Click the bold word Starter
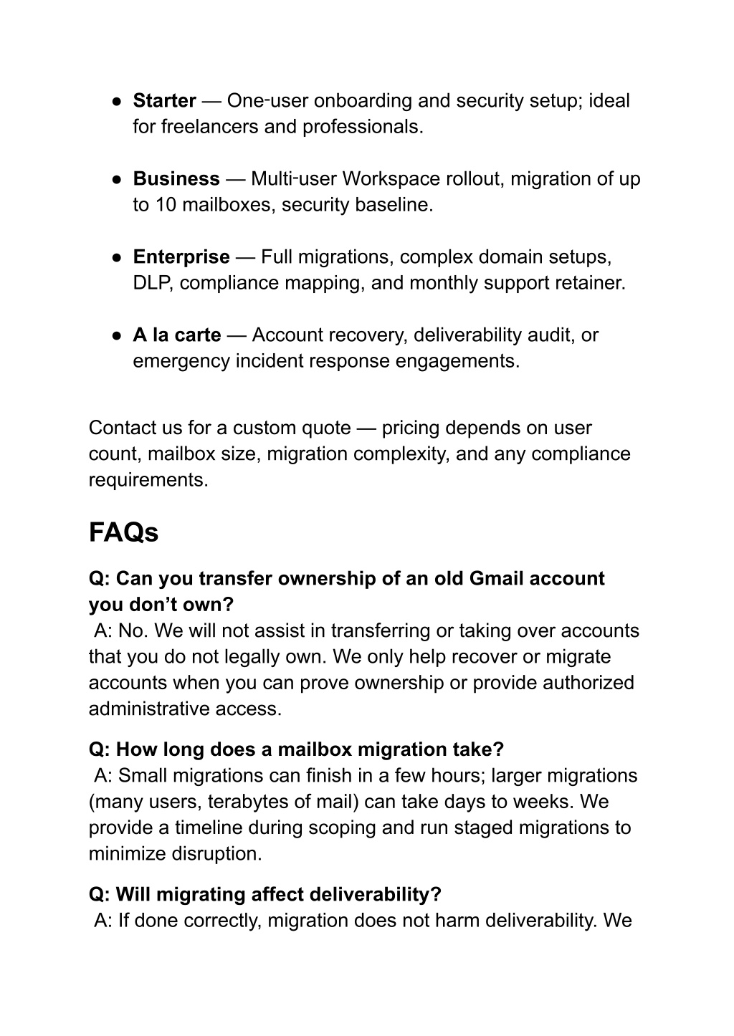click(x=164, y=101)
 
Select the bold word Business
click(x=176, y=179)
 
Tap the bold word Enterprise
click(x=181, y=257)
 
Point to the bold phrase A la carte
click(x=177, y=335)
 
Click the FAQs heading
click(x=123, y=533)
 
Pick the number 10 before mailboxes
click(x=165, y=205)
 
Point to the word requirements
click(x=148, y=480)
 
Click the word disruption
click(x=216, y=854)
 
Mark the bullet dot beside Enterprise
click(x=115, y=257)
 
